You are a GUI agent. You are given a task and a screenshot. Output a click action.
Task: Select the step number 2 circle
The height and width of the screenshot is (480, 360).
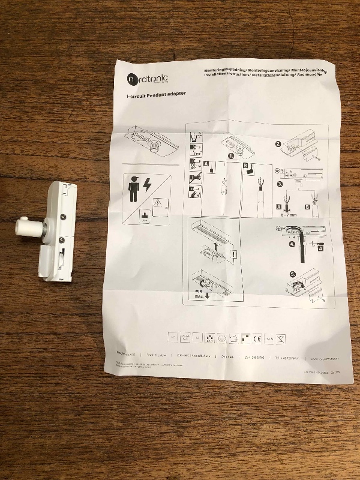tap(277, 144)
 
